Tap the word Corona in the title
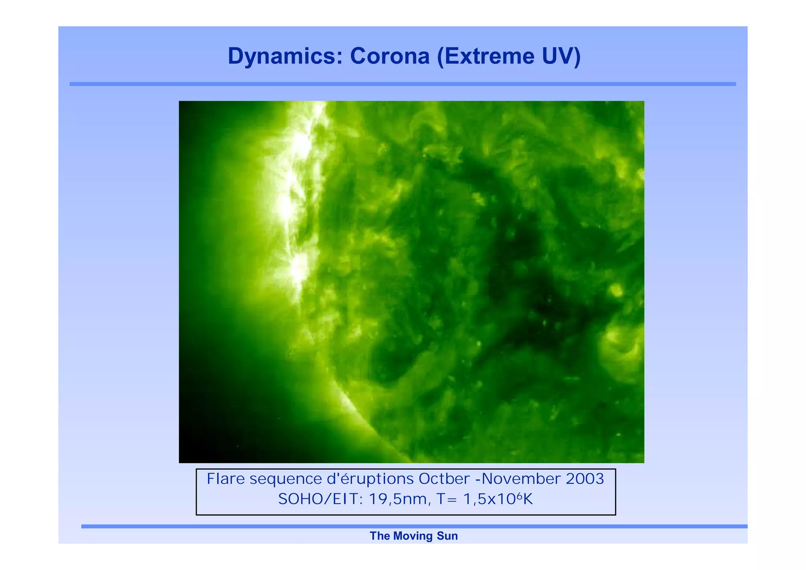click(x=390, y=56)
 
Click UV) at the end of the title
click(x=561, y=56)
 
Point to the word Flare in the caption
click(x=226, y=479)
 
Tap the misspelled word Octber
click(x=444, y=479)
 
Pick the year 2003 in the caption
click(x=584, y=479)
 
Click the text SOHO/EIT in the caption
click(x=320, y=500)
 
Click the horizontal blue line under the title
click(x=403, y=84)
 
